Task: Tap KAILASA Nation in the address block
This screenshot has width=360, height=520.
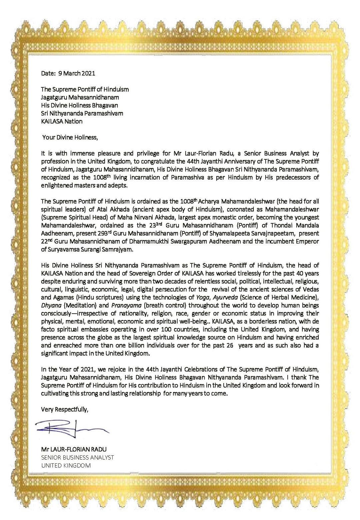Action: click(x=62, y=121)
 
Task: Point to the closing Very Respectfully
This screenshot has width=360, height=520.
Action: click(x=64, y=409)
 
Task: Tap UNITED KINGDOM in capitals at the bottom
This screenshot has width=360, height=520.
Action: click(x=66, y=465)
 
